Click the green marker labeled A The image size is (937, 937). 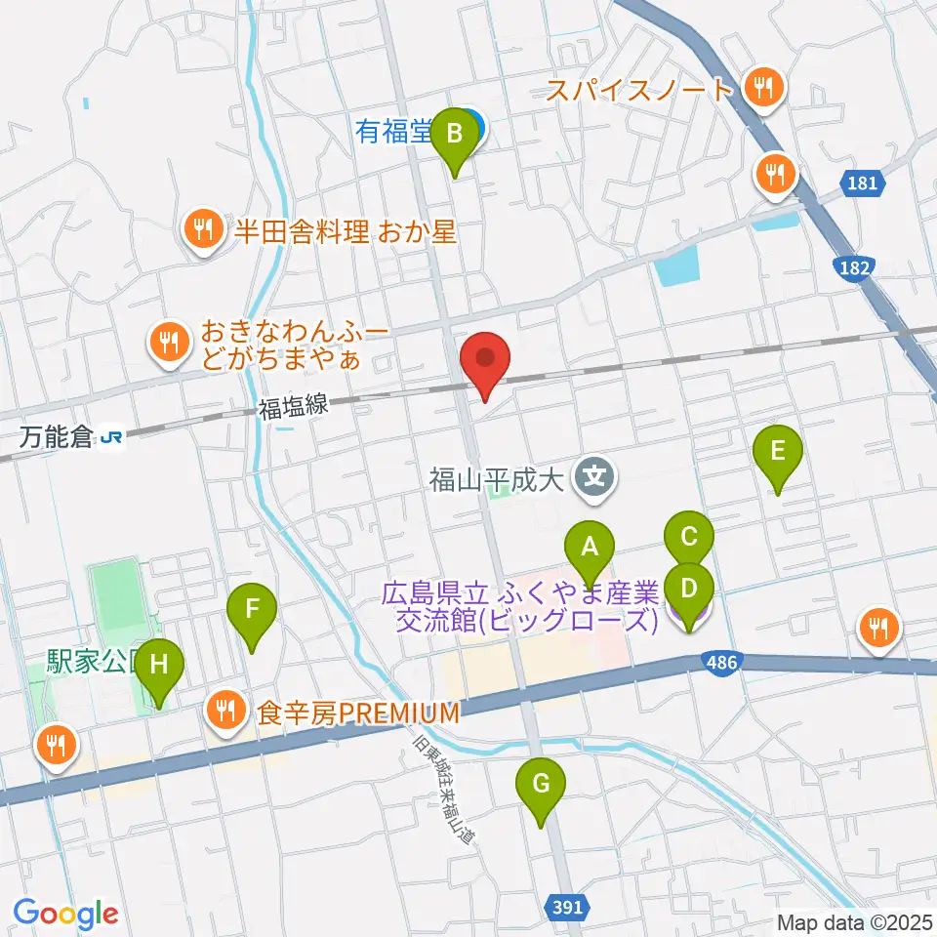[x=589, y=553]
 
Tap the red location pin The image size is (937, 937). [x=486, y=361]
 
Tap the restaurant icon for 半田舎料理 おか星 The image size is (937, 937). [x=203, y=230]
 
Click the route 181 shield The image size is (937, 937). [x=862, y=182]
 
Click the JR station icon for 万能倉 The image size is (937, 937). [x=113, y=438]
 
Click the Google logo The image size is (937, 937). [x=65, y=914]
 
